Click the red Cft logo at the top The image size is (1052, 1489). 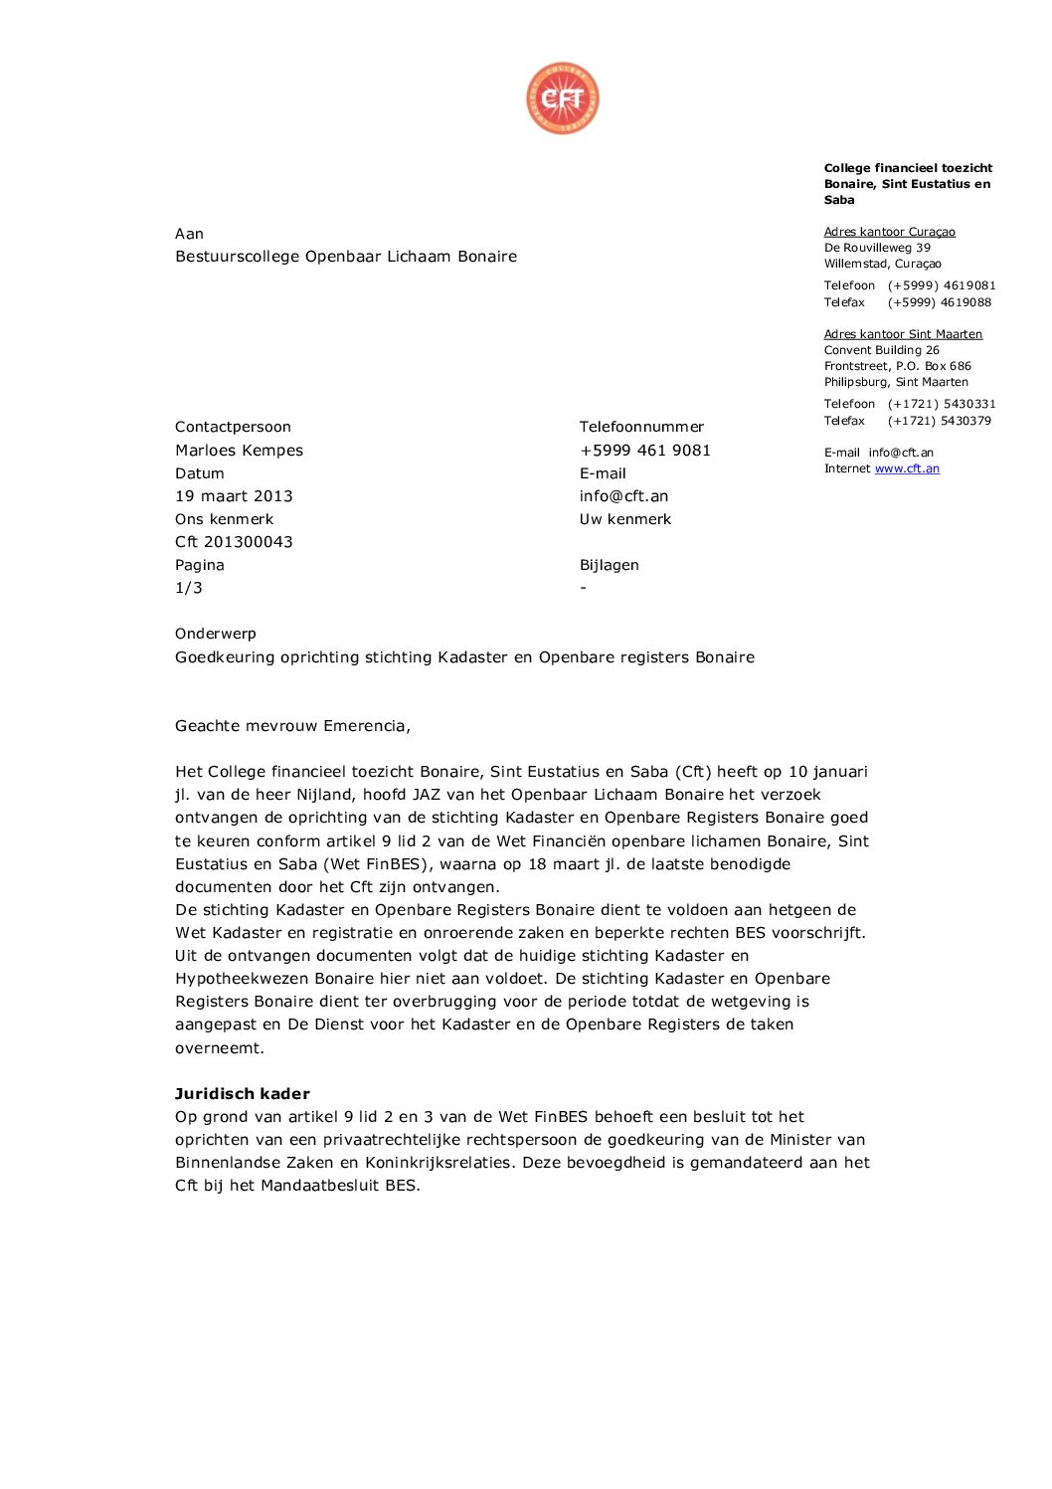[x=563, y=98]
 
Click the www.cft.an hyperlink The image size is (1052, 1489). [x=907, y=468]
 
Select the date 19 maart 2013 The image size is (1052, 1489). [x=234, y=496]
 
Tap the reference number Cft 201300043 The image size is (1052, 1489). [x=234, y=542]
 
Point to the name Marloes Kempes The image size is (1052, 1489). [x=239, y=451]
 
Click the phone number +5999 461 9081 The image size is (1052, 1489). [x=645, y=451]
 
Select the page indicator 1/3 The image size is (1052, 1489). [x=189, y=588]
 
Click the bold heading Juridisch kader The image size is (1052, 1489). [x=243, y=1094]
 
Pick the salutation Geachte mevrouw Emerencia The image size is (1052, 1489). [x=292, y=726]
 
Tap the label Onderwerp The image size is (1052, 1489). [x=216, y=634]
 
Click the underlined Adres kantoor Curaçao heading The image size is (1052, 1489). [x=889, y=232]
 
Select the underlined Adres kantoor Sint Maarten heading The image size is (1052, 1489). [x=903, y=334]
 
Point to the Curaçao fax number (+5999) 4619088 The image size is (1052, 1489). [x=940, y=302]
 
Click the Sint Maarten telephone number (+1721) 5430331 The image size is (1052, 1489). [x=942, y=404]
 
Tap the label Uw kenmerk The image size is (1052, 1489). [x=625, y=519]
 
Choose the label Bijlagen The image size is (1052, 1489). [x=610, y=565]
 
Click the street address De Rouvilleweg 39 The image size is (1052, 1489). [x=877, y=248]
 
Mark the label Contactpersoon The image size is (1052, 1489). [x=233, y=427]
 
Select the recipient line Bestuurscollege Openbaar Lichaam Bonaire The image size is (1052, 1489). [x=346, y=257]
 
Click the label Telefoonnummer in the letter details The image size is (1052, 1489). [x=641, y=427]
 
